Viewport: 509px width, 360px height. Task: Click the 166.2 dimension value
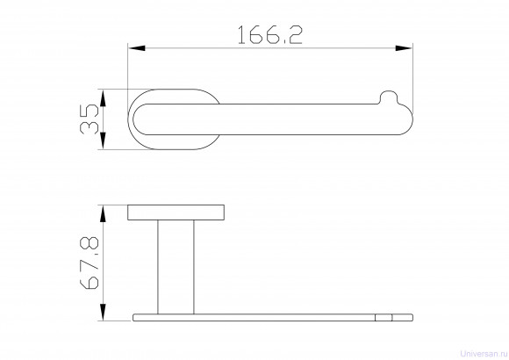click(x=270, y=35)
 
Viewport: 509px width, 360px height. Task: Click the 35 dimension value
click(x=90, y=119)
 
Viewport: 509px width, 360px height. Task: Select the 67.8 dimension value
click(x=90, y=263)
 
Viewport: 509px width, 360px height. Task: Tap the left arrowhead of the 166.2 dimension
click(x=137, y=48)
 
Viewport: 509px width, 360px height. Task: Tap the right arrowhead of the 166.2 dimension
click(x=404, y=48)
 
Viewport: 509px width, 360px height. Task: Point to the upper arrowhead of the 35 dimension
click(x=103, y=97)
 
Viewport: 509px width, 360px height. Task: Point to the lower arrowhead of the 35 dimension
click(x=103, y=140)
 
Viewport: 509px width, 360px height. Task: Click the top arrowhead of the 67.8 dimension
click(x=103, y=213)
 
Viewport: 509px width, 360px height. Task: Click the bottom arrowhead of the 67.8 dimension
click(x=103, y=313)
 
